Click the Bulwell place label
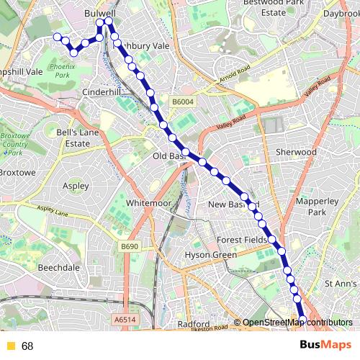99,13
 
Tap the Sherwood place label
296,153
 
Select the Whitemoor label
148,204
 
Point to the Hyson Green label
211,255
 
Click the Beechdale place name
58,266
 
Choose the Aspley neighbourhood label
76,186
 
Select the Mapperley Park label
311,207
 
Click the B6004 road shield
183,102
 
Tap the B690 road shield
129,247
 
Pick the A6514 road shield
124,319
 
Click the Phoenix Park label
60,71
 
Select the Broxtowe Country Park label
14,144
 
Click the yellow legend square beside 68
10,346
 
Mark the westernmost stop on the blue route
57,36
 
